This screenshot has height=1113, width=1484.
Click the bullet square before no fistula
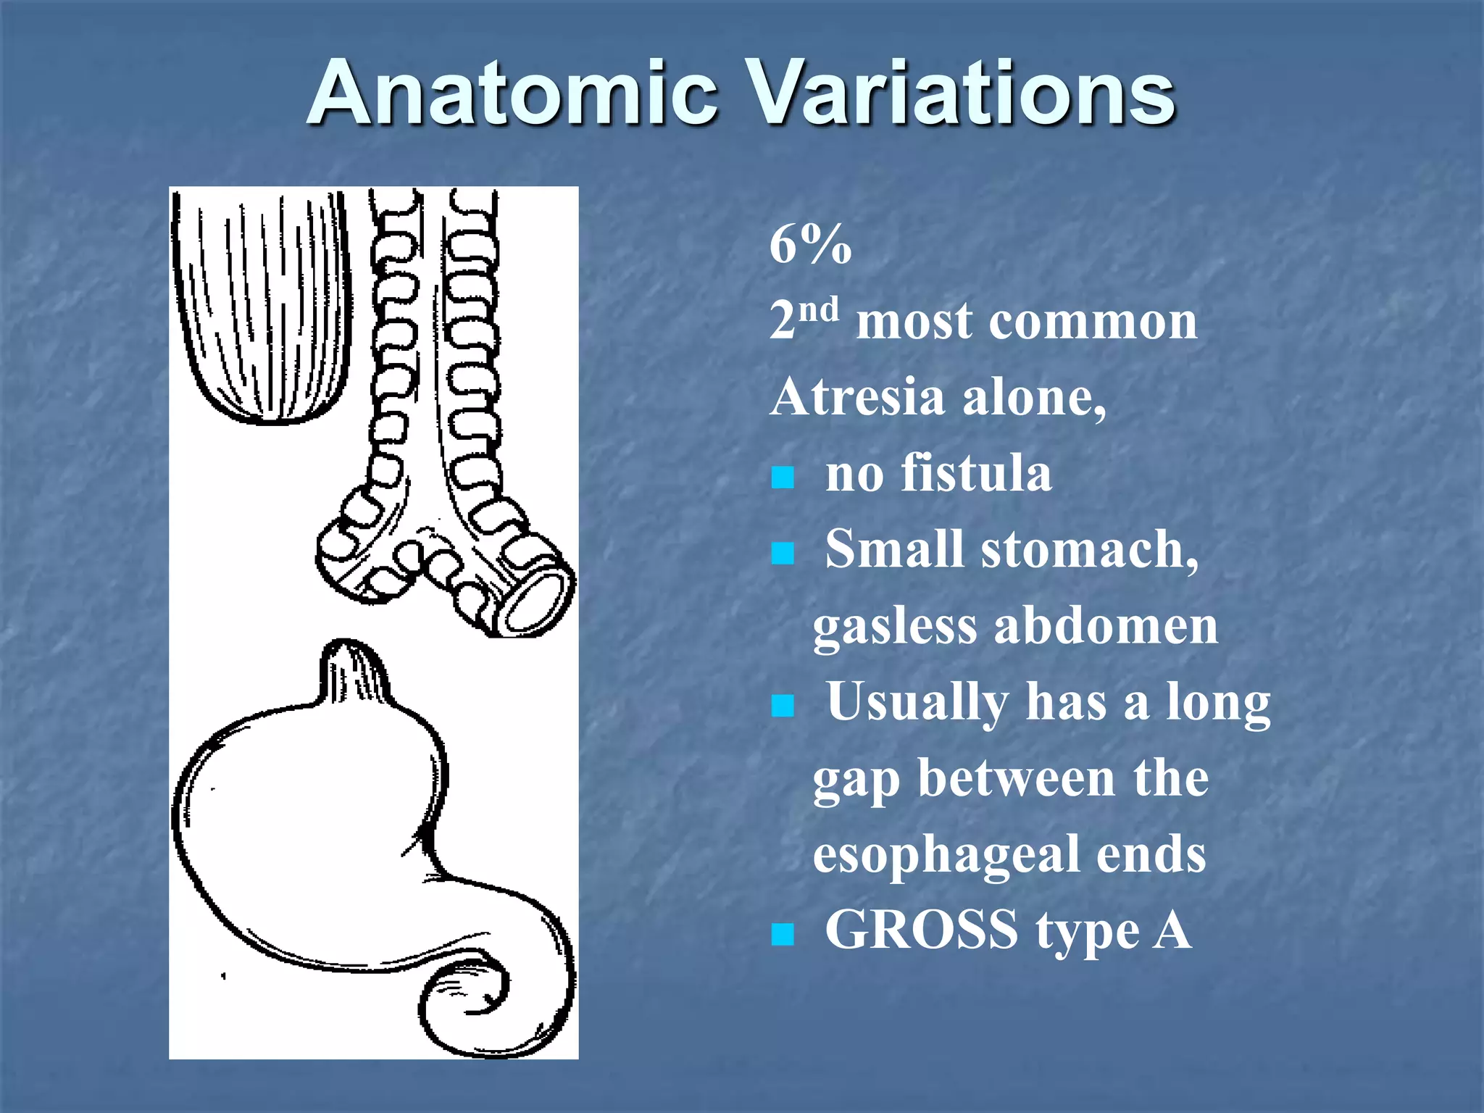point(783,478)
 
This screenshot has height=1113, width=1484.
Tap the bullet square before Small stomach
point(783,554)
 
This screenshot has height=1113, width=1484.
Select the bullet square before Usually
point(783,706)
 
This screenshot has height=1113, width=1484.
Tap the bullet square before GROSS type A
point(783,935)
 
